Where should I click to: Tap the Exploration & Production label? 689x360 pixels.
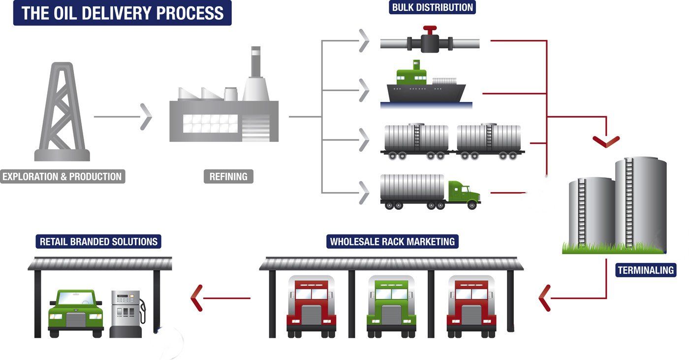[63, 176]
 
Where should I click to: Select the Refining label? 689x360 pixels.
[228, 176]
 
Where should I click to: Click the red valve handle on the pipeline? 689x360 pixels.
[431, 31]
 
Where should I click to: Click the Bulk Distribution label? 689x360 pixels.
[433, 7]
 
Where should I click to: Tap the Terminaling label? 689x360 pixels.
[646, 270]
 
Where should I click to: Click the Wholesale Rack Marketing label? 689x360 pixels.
[392, 242]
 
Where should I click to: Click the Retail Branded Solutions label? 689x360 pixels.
[98, 242]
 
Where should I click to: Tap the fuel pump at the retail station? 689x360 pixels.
[127, 313]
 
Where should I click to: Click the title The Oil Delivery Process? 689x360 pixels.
[122, 13]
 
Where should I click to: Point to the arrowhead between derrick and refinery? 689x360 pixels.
[146, 117]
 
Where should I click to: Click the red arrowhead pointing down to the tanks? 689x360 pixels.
[606, 141]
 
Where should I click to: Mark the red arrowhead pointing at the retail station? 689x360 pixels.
[196, 298]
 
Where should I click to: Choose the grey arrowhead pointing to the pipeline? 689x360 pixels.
[364, 40]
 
